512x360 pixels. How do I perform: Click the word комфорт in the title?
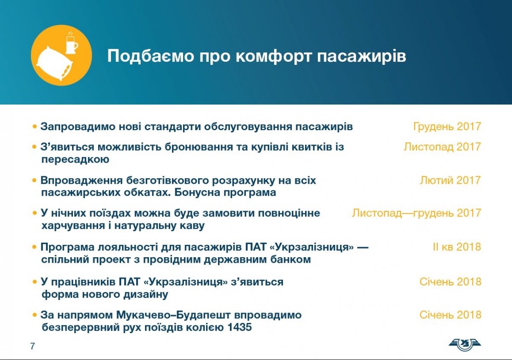tap(273, 56)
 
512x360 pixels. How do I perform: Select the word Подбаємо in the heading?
tap(151, 56)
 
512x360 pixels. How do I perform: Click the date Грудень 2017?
tap(447, 127)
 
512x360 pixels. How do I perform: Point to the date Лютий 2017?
tap(450, 180)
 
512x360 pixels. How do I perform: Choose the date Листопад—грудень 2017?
tap(416, 213)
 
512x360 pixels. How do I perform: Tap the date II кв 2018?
tap(457, 247)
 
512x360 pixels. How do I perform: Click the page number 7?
tap(32, 346)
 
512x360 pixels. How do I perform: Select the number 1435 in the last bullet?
tap(240, 327)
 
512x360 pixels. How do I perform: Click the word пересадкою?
tap(75, 160)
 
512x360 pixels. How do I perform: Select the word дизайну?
tap(146, 294)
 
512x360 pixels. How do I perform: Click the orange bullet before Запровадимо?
tap(35, 126)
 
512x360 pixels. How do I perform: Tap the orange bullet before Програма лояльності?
tap(35, 247)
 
